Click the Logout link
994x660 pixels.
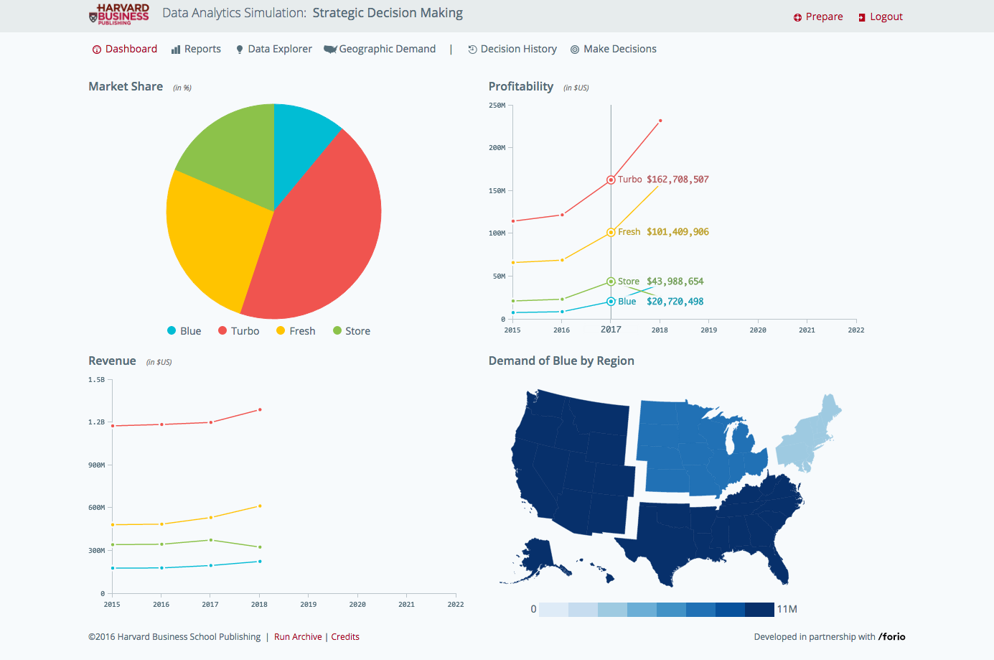881,17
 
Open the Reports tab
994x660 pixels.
196,49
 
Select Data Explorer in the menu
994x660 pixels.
273,49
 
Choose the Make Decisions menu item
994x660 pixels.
613,49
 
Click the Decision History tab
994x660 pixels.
512,49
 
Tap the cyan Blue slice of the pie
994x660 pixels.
299,142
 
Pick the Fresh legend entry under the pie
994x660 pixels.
296,331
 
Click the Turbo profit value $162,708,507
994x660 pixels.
677,180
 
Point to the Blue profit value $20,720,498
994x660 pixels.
675,302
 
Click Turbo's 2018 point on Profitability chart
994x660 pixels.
660,121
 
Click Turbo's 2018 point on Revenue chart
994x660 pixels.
260,409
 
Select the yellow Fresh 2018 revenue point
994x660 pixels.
260,506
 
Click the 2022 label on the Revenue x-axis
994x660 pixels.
456,605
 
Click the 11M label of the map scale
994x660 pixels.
787,609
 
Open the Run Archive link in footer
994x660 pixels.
298,637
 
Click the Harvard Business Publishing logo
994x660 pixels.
119,14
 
